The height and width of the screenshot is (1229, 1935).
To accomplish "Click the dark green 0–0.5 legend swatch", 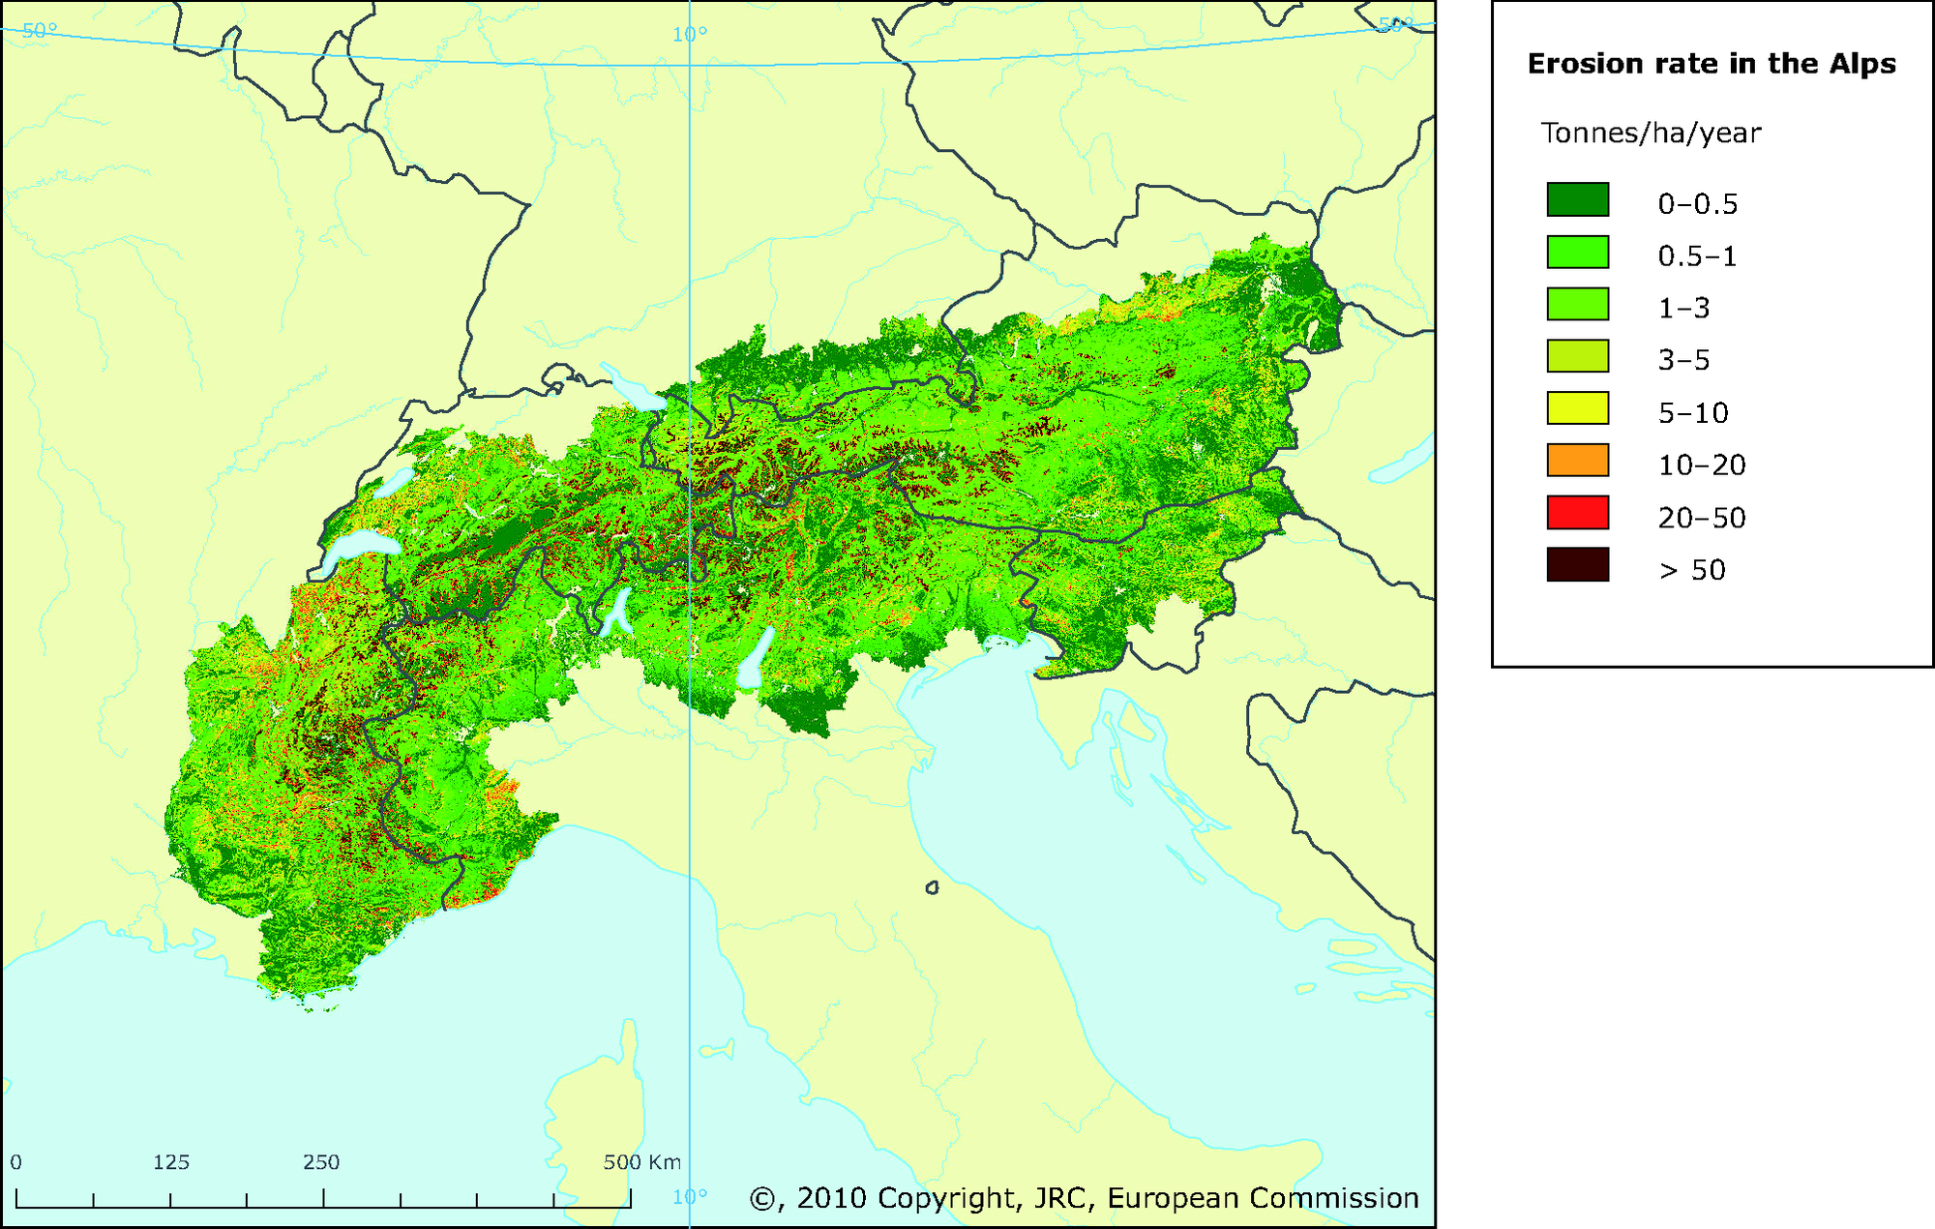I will (x=1577, y=199).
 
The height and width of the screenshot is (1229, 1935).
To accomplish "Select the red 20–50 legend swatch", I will (x=1577, y=513).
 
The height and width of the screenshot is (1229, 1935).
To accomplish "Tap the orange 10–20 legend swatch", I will (x=1577, y=461).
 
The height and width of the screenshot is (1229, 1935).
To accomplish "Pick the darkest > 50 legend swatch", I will (x=1577, y=565).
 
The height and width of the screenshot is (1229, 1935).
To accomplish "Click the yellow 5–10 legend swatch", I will (x=1577, y=408).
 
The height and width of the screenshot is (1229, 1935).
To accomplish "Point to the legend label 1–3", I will (x=1683, y=309).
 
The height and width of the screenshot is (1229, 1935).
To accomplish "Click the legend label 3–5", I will (x=1683, y=361).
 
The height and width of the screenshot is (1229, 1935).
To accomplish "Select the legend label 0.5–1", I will (x=1697, y=256).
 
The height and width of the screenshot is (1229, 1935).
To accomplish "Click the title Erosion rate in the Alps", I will (x=1711, y=64).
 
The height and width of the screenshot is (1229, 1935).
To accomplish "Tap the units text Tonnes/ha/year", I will (x=1651, y=134).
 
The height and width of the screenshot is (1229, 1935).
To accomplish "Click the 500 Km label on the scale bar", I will (x=641, y=1162).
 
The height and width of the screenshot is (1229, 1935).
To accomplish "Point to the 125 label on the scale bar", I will (x=171, y=1162).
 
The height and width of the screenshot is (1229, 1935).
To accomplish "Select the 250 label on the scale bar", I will (x=321, y=1162).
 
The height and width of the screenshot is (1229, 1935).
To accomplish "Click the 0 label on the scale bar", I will (x=15, y=1162).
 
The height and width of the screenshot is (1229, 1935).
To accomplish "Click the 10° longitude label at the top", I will (x=690, y=35).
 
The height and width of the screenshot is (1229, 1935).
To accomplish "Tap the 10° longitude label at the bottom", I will (x=690, y=1197).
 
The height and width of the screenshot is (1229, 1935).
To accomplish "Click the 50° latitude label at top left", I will (x=39, y=31).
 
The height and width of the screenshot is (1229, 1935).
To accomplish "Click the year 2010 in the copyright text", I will (x=831, y=1198).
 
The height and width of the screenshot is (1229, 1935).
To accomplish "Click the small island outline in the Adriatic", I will (x=932, y=887).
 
